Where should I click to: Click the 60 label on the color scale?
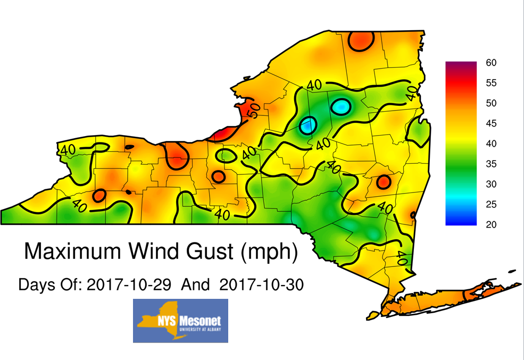491,63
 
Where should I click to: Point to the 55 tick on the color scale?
491,83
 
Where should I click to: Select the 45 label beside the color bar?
491,123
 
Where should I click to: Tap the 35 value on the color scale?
491,164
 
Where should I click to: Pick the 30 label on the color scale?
491,184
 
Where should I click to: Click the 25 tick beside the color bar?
491,204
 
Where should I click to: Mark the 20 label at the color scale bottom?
491,224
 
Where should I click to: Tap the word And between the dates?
195,284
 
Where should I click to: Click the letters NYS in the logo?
165,321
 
